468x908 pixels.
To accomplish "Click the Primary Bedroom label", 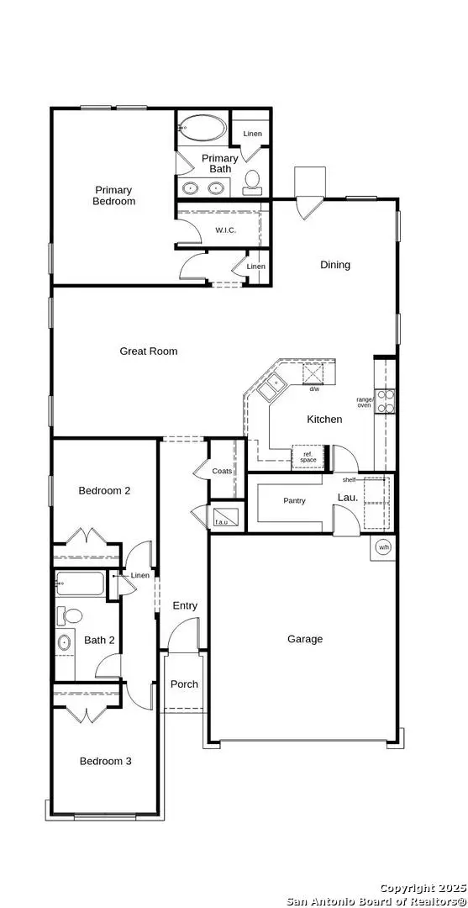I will pyautogui.click(x=114, y=196).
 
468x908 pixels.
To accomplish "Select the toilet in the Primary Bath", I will pyautogui.click(x=251, y=180).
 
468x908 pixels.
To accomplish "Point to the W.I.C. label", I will pyautogui.click(x=226, y=230).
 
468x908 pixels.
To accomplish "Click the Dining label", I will pyautogui.click(x=335, y=265).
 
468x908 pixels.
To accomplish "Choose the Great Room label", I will pyautogui.click(x=149, y=351).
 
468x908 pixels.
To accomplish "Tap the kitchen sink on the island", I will pyautogui.click(x=271, y=388).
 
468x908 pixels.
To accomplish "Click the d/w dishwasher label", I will pyautogui.click(x=314, y=389).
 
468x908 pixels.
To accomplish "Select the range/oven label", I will pyautogui.click(x=364, y=403).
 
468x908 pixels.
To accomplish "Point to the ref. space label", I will pyautogui.click(x=308, y=457).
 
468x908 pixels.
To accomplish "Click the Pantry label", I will pyautogui.click(x=294, y=501).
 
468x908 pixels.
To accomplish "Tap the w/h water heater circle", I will pyautogui.click(x=383, y=546).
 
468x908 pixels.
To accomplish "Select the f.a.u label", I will pyautogui.click(x=222, y=523).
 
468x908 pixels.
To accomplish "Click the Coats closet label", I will pyautogui.click(x=222, y=471).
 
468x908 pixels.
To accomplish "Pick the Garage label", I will pyautogui.click(x=305, y=639).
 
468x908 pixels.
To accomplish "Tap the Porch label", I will pyautogui.click(x=184, y=684).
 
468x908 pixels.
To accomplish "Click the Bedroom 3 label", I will pyautogui.click(x=106, y=762).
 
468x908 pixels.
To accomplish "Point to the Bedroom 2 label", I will pyautogui.click(x=104, y=491).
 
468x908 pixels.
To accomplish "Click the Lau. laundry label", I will pyautogui.click(x=348, y=498).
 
